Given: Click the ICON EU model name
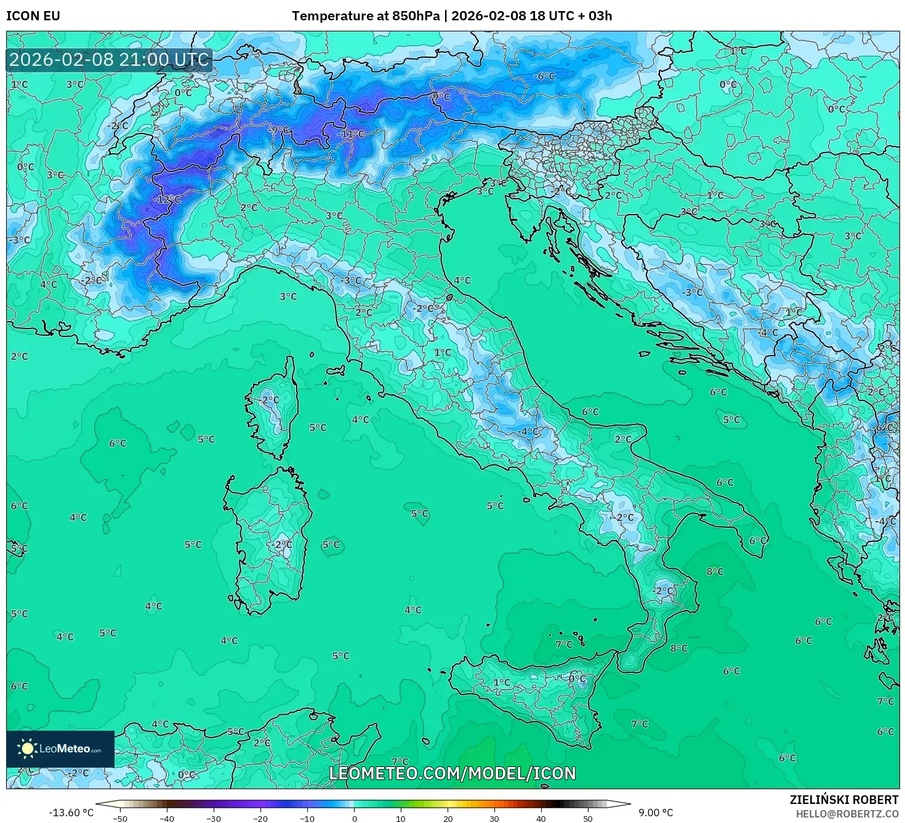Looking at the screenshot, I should tap(33, 16).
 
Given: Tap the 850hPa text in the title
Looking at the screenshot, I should tap(416, 16).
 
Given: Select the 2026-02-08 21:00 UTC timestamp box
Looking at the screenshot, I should tap(110, 60).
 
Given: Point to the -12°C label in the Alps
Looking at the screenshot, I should tap(167, 199).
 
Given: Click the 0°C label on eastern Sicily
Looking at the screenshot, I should tap(577, 679).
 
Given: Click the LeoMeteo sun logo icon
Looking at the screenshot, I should tap(27, 749).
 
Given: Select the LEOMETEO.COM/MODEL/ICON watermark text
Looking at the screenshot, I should tap(452, 773).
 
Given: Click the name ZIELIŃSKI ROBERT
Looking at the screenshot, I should tap(844, 800).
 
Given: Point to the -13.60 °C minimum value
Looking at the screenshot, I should tap(71, 813).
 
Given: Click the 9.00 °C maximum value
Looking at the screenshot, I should tap(655, 813).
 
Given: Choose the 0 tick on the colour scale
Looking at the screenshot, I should tap(354, 818).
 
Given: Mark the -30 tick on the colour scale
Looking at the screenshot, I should tap(213, 818).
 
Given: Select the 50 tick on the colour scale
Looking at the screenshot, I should tap(588, 818).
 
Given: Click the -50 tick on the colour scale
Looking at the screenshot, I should tap(119, 818).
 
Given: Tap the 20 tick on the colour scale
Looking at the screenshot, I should tap(448, 818).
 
